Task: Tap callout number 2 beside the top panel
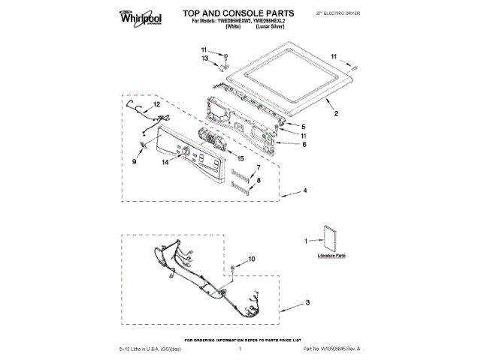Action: (x=336, y=114)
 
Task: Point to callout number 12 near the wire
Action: (x=136, y=106)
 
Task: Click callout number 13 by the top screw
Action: (x=204, y=58)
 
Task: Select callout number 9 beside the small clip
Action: (x=135, y=160)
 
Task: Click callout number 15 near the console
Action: (x=240, y=158)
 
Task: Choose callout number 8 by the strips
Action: (x=258, y=181)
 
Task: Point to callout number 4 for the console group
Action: (x=304, y=192)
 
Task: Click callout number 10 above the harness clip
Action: (x=252, y=259)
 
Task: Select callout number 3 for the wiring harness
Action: (x=307, y=304)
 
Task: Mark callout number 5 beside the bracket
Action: (x=304, y=126)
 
